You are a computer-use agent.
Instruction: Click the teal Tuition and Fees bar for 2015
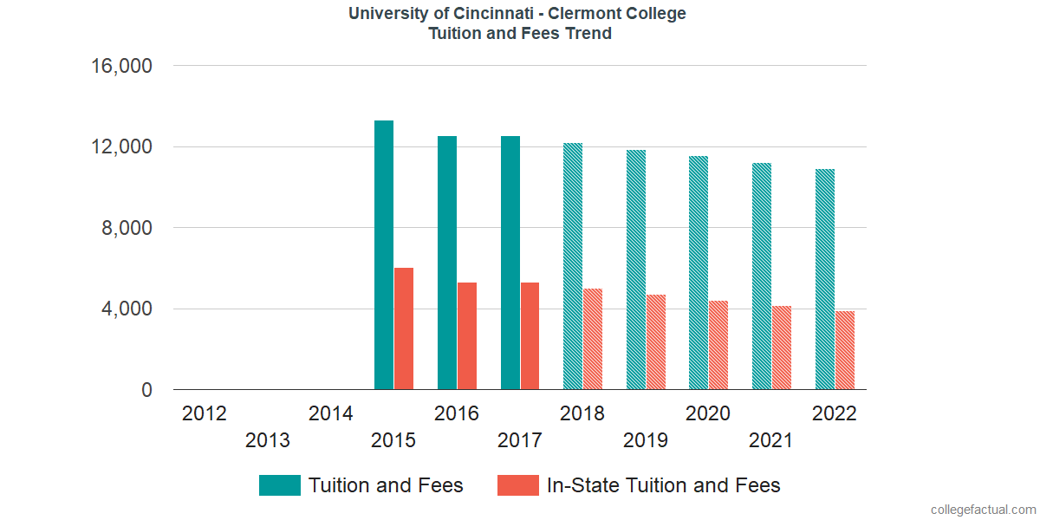pos(384,255)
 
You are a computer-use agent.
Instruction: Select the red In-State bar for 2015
pos(404,328)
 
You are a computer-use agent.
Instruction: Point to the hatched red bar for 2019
pos(655,341)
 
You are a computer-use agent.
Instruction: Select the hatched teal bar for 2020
pos(699,272)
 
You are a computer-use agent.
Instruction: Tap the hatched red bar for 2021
pos(781,348)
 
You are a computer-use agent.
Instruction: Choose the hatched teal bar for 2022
pos(825,279)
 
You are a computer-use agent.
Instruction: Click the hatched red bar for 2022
pos(845,350)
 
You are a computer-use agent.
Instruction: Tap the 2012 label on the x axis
pos(205,413)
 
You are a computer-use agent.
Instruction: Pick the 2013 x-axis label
pos(268,441)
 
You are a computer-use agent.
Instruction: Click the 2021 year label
pos(771,441)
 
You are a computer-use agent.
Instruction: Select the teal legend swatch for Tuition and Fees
pos(279,485)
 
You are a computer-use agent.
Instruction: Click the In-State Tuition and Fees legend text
pos(663,485)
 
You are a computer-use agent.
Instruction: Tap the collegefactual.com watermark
pos(983,510)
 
